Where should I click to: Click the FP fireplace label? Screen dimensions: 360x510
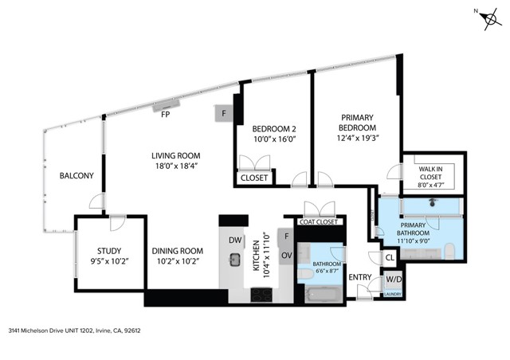166,115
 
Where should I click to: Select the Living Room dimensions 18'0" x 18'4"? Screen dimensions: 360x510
176,166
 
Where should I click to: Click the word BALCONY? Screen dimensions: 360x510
76,176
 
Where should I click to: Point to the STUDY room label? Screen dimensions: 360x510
104,248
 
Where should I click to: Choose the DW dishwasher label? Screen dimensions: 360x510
234,240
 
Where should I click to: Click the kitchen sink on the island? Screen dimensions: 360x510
234,260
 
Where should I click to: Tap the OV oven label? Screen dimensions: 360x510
287,256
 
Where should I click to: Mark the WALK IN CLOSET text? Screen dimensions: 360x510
430,173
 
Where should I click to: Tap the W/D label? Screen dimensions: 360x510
393,280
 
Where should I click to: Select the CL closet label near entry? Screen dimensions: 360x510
390,258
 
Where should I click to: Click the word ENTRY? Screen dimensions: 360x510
361,277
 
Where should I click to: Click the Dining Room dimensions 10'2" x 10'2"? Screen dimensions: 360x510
178,260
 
